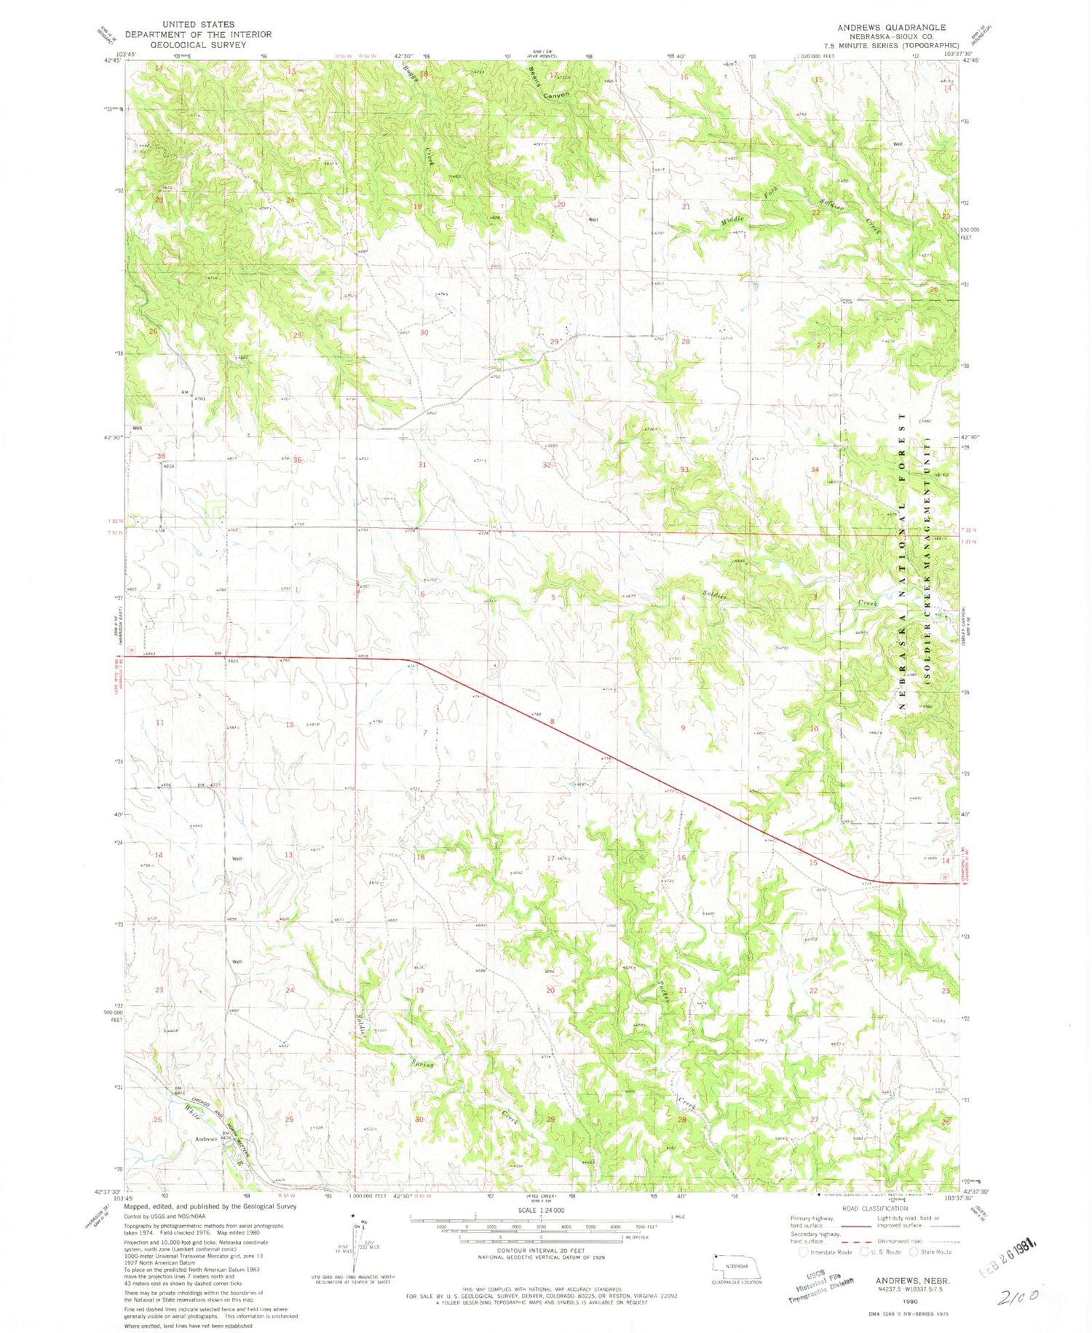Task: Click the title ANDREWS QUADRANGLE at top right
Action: point(891,27)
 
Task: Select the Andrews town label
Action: point(206,1139)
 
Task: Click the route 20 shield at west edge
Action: point(131,649)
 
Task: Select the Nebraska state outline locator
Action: point(736,1266)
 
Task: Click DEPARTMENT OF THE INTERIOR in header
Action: point(198,34)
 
